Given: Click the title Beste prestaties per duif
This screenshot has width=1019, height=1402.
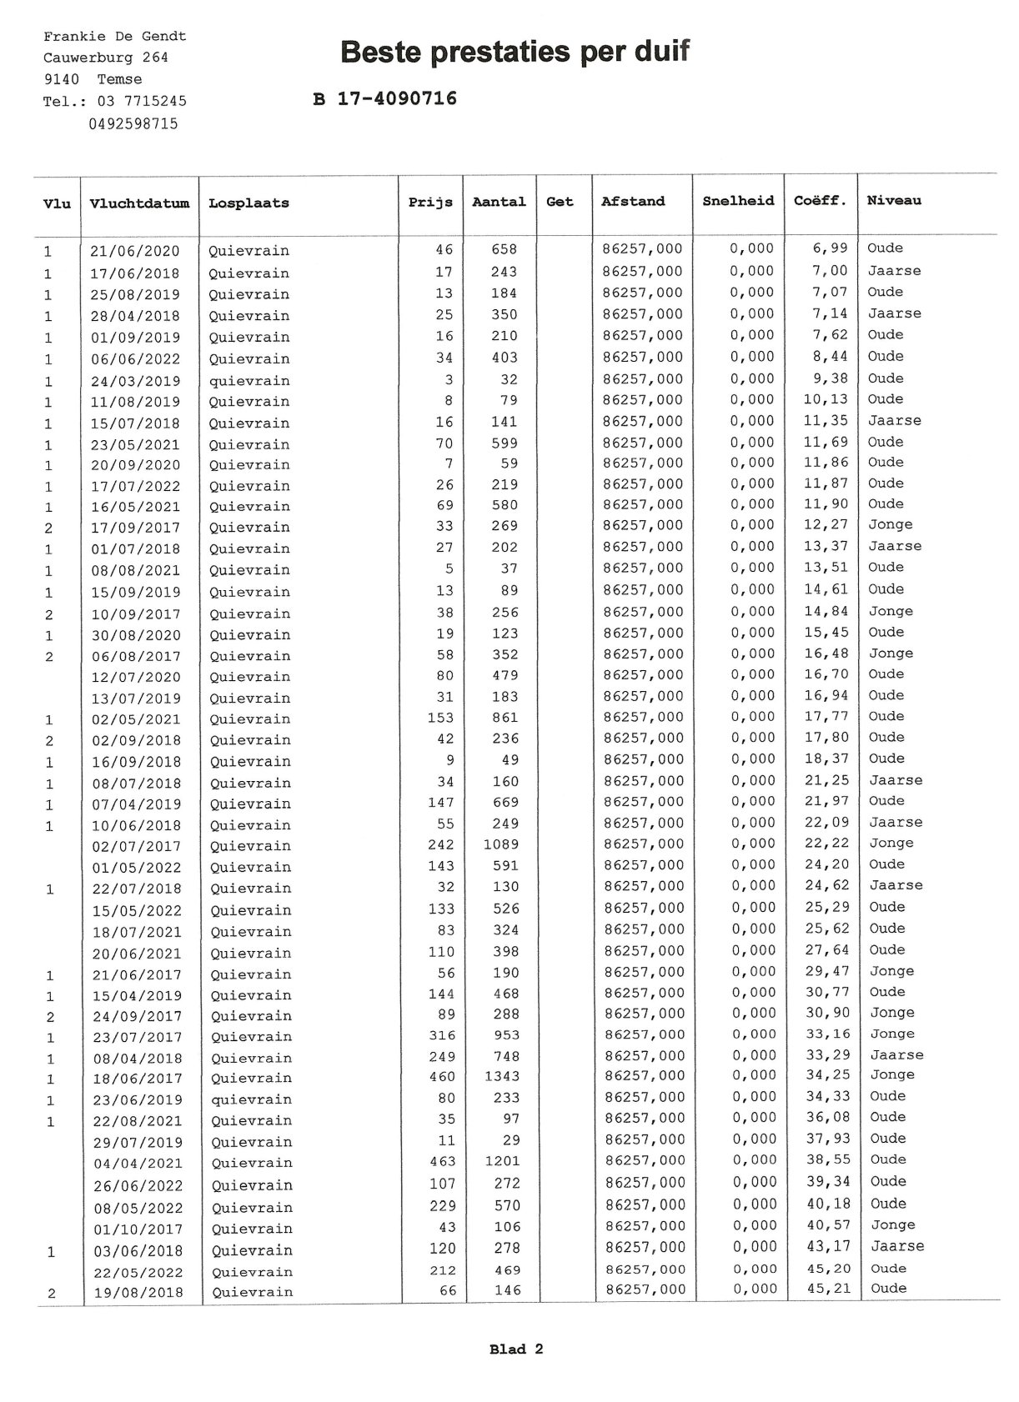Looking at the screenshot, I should pos(515,52).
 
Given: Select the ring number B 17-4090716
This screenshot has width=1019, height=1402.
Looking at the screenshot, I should pos(384,99).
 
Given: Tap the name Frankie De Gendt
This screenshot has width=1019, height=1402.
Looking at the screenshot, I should pos(114,37).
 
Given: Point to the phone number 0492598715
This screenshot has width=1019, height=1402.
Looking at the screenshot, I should pos(133,124).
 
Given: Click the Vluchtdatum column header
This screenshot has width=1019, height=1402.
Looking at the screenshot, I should pos(139,203).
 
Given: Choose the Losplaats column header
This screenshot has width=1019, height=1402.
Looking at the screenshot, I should pos(248,203).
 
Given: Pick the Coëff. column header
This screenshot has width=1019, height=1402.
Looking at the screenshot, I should pos(820,201).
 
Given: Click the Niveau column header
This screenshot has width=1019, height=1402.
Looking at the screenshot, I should pos(894,201).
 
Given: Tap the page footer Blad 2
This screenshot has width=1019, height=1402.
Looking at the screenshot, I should pos(516,1349).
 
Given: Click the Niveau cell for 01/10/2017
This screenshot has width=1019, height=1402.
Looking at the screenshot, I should pos(892,1225).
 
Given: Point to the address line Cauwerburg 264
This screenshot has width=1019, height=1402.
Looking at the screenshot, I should pos(105,58).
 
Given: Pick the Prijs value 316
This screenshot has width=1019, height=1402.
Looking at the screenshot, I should pos(441,1035).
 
